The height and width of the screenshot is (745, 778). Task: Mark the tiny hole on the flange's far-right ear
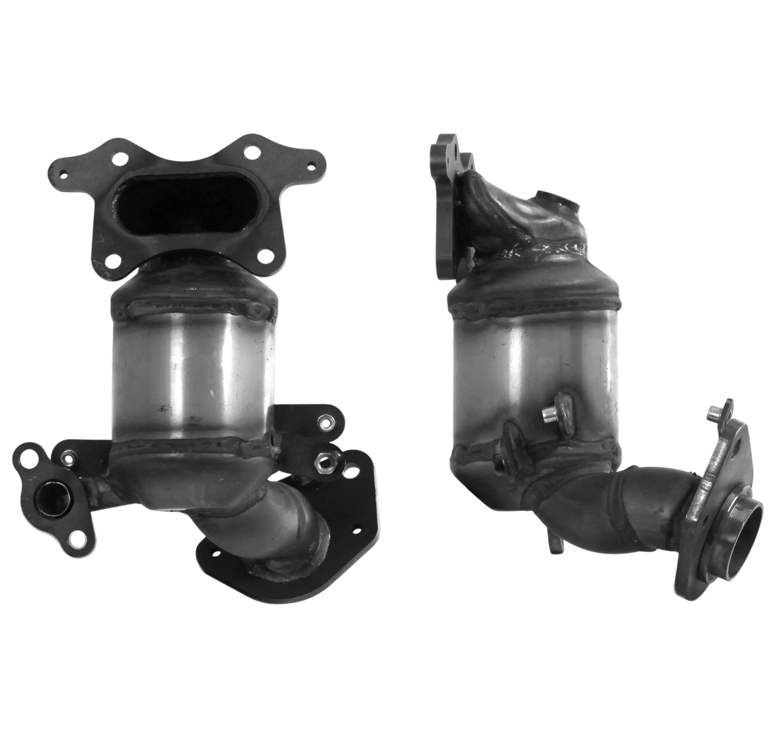[x=310, y=166]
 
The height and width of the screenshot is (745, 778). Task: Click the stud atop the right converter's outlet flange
[x=712, y=415]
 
